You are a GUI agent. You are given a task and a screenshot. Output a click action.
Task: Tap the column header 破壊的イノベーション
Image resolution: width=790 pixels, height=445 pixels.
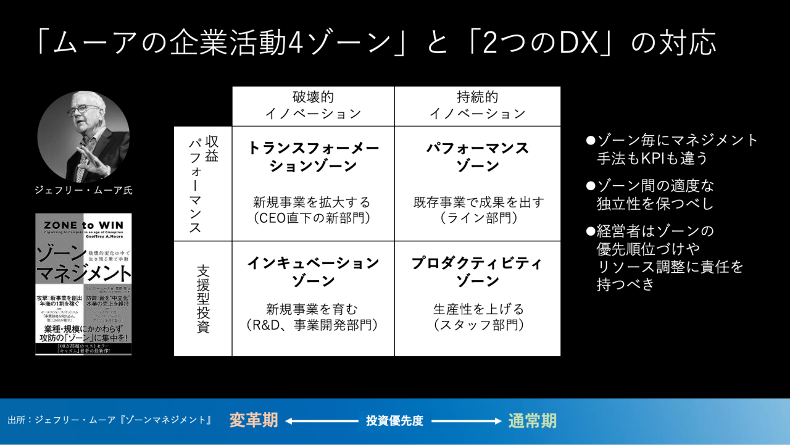coord(313,106)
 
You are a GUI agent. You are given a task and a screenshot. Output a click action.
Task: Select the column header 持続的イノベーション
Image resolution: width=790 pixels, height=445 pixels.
coord(477,106)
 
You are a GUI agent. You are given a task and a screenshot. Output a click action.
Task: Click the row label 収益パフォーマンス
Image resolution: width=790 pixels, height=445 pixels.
coord(203,183)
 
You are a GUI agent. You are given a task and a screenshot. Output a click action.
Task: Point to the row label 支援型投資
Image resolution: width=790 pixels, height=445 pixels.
coord(203,299)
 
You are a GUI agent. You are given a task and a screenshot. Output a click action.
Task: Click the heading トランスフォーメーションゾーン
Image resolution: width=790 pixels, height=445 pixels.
coord(313,157)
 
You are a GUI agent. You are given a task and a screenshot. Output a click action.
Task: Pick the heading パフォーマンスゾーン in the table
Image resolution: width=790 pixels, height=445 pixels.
coord(477,157)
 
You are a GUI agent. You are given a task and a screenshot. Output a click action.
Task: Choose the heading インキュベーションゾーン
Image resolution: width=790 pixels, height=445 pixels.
coord(313,272)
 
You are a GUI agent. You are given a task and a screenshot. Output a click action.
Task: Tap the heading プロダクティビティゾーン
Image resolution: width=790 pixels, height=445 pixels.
coord(477,272)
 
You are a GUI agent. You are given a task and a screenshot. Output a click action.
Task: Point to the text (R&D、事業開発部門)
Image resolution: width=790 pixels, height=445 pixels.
coord(313,325)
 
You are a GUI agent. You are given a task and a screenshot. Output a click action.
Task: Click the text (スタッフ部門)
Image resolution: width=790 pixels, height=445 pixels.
coord(477,325)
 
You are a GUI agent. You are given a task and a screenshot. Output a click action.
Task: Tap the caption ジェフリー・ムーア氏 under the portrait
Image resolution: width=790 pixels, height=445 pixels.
coord(83,191)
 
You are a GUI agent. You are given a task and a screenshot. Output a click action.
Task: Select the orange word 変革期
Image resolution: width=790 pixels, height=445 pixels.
coord(254,421)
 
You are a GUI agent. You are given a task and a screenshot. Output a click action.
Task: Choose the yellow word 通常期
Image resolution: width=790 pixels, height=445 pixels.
coord(532,421)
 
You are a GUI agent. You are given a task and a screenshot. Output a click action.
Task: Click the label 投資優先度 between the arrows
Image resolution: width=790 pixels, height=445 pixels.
coord(394,421)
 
